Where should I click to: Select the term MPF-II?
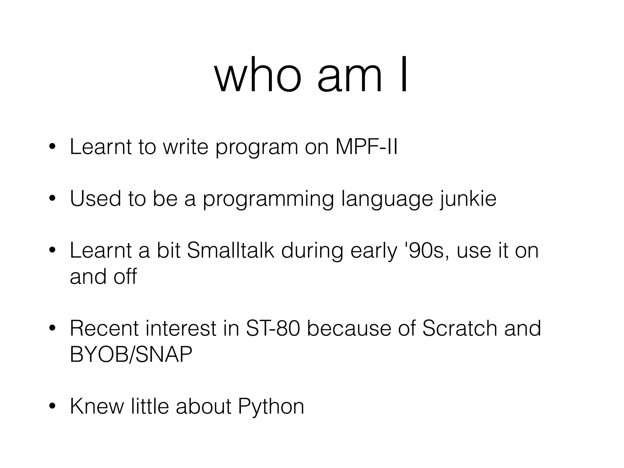point(366,147)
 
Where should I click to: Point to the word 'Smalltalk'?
point(231,250)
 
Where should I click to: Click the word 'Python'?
point(271,406)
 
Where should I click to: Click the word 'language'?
point(387,199)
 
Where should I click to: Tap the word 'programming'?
point(268,199)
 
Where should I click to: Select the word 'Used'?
point(95,199)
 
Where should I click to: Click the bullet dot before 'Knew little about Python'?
point(52,406)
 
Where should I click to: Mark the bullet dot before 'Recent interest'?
point(52,328)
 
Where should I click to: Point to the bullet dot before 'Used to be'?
point(52,199)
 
